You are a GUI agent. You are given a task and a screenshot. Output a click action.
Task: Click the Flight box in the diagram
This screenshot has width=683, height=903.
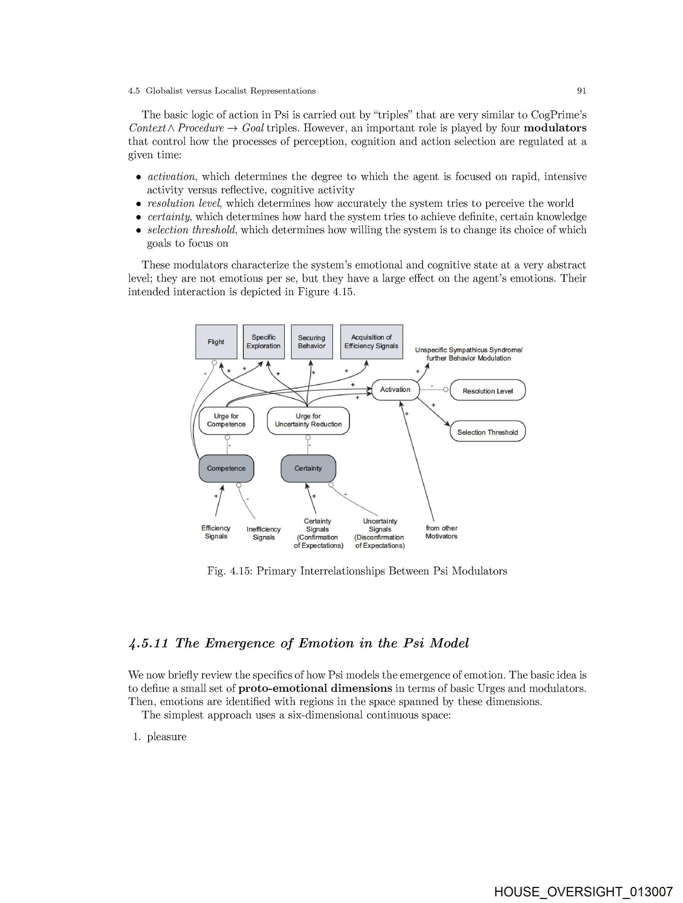(x=216, y=342)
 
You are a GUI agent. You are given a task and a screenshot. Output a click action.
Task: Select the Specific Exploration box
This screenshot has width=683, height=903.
(x=263, y=342)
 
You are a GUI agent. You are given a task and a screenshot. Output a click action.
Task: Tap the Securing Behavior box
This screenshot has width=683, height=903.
(x=312, y=342)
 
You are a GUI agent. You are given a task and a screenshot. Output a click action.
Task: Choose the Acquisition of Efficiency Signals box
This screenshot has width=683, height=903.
(x=371, y=342)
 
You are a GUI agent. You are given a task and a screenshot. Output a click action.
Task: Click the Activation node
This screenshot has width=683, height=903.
(x=395, y=390)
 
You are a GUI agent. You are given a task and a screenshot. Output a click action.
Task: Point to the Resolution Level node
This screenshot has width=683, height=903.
(x=487, y=391)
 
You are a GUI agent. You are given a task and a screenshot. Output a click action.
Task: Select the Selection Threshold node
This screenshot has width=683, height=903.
(x=487, y=432)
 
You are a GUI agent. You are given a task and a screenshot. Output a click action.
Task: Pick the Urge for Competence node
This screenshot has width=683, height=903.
(x=226, y=420)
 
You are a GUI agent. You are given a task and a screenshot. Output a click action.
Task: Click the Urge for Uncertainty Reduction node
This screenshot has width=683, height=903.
(x=308, y=420)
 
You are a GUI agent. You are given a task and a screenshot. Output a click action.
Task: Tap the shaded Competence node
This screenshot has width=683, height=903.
(x=226, y=468)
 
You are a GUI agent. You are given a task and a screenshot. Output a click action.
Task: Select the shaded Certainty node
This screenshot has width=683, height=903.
(x=308, y=468)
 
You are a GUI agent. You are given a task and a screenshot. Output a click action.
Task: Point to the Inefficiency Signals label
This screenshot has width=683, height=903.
(x=263, y=533)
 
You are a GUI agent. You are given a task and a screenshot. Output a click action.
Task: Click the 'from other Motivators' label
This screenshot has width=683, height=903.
(x=441, y=532)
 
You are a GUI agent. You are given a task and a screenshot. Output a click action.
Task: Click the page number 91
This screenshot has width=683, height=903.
(x=581, y=91)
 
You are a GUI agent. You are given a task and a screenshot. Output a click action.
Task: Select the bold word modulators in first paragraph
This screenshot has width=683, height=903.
(x=555, y=128)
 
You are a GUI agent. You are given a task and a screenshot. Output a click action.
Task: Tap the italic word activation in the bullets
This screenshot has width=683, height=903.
(x=171, y=177)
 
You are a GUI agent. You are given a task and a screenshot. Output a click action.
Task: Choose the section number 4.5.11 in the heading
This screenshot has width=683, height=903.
(x=148, y=643)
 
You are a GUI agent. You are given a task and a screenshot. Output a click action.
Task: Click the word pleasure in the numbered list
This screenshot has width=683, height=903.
(x=166, y=737)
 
